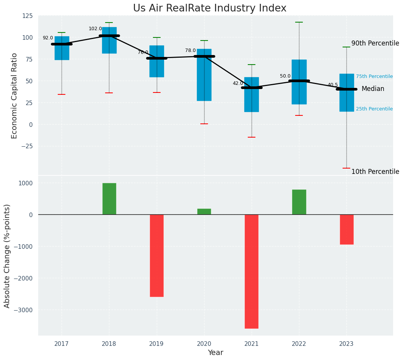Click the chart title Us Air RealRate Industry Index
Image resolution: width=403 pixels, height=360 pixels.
click(210, 8)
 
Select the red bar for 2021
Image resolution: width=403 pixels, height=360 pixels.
click(252, 271)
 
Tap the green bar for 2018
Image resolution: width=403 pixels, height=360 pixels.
click(109, 199)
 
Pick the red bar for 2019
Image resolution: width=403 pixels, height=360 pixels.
click(157, 255)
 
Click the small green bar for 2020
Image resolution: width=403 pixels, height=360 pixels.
click(204, 212)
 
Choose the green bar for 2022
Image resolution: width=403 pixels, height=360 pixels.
click(299, 202)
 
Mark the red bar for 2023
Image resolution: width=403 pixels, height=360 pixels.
click(346, 229)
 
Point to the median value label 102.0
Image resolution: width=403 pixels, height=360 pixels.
click(95, 29)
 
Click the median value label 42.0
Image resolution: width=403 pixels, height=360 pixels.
click(238, 83)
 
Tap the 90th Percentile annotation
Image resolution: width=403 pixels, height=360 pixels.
click(375, 44)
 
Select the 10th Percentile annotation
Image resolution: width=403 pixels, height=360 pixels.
click(375, 172)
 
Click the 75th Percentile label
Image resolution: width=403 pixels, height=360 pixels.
click(374, 76)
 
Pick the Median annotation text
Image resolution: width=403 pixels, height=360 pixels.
click(373, 89)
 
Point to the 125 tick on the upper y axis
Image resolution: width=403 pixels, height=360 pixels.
click(28, 16)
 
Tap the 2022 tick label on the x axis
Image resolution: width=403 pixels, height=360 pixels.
click(299, 344)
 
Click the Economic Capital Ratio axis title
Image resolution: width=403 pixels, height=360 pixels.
click(15, 96)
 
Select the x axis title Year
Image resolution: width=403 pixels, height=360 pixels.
click(215, 353)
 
